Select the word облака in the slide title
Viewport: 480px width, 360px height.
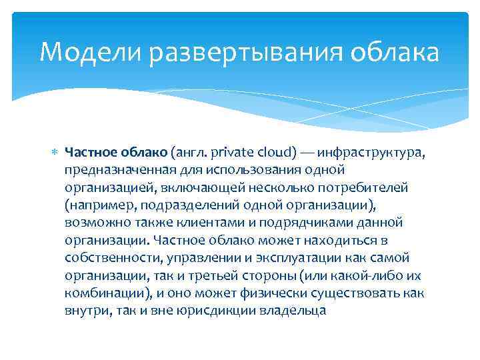click(x=398, y=53)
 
